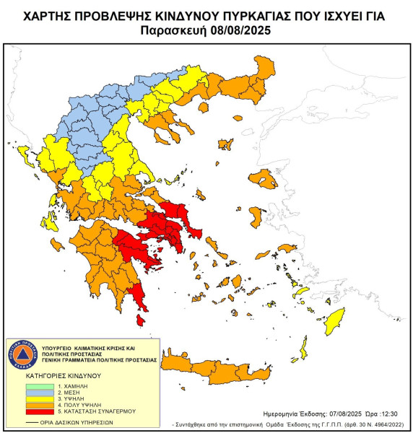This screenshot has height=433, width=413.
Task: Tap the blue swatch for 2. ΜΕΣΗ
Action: tap(27, 393)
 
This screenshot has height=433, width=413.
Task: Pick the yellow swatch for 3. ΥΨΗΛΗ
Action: tap(27, 399)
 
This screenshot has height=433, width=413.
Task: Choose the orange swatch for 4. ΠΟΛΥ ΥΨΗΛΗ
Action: tap(27, 405)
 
